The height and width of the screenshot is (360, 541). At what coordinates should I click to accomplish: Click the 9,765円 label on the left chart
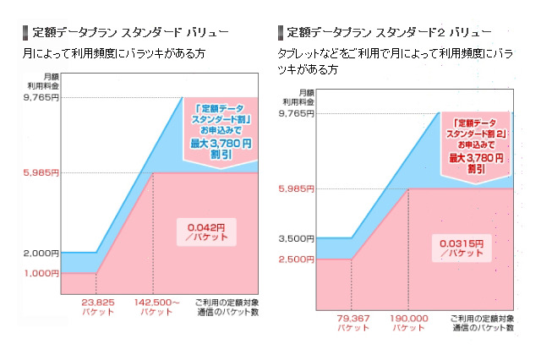click(40, 98)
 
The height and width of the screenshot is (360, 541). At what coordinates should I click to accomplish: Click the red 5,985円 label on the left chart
click(40, 172)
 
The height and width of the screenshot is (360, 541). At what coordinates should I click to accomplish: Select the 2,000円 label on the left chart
click(40, 253)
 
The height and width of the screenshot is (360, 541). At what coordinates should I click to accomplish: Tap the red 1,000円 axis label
click(40, 273)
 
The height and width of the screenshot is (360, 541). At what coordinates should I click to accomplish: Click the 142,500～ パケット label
click(157, 306)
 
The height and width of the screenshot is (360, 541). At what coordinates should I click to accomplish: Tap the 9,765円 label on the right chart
click(296, 113)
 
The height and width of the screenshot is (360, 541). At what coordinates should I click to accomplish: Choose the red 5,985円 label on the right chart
click(296, 188)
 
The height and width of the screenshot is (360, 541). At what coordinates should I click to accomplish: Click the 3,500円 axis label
click(296, 239)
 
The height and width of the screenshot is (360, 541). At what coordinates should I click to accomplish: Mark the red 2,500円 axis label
click(296, 259)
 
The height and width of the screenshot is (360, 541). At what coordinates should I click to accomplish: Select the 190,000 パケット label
click(409, 322)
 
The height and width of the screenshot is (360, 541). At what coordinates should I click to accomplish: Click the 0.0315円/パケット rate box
click(462, 248)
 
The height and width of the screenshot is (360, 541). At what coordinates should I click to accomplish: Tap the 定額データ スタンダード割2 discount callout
click(478, 144)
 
